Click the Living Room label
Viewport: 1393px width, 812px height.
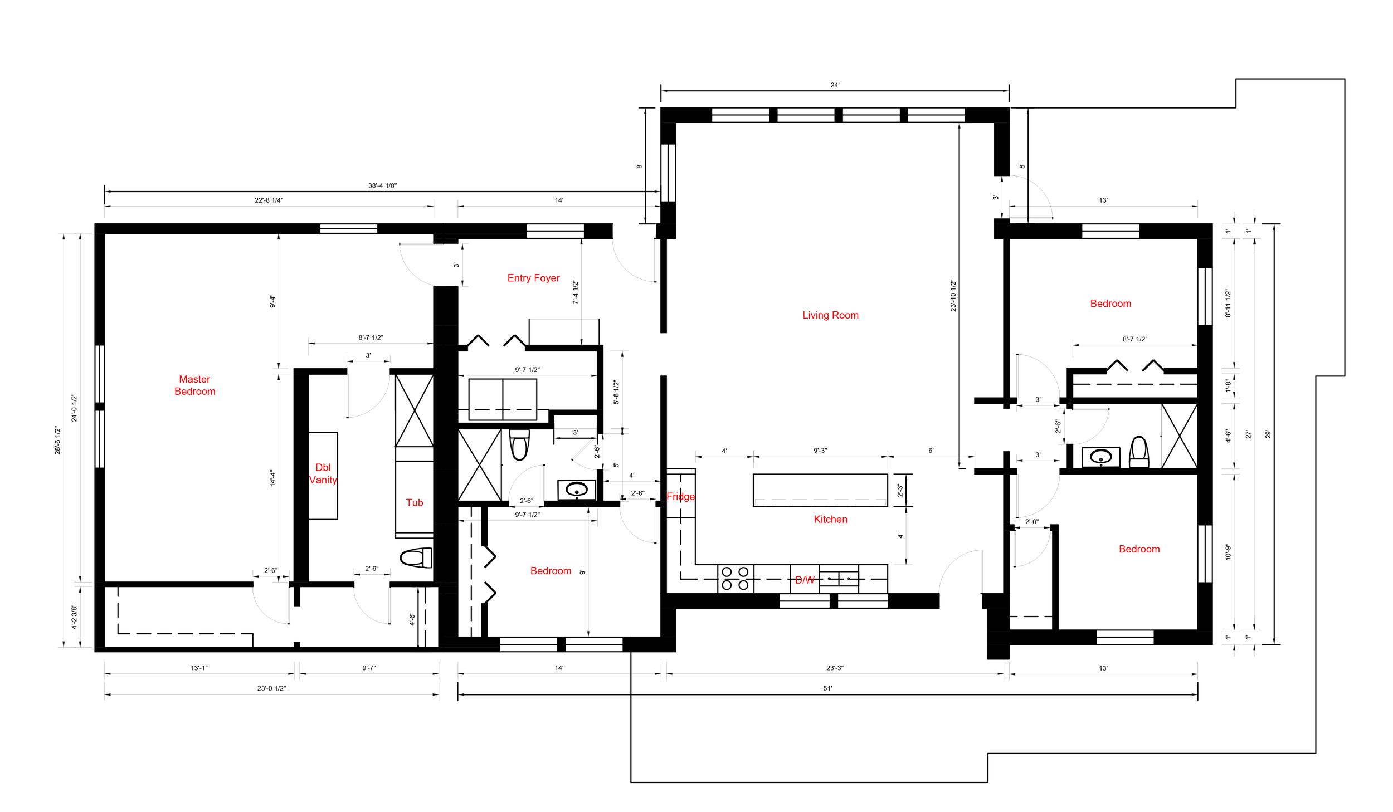[x=830, y=315]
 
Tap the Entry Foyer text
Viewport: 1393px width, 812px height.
[x=533, y=278]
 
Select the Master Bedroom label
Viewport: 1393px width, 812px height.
[x=194, y=385]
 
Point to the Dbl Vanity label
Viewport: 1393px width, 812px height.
[x=323, y=473]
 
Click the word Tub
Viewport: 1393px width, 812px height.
[x=415, y=502]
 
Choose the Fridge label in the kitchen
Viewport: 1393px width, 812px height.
[x=681, y=496]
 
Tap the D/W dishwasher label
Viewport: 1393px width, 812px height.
[x=805, y=580]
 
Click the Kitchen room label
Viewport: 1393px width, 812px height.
[x=830, y=519]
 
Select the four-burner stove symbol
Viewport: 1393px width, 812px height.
[x=735, y=578]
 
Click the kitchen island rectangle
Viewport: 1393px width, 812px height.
[x=820, y=490]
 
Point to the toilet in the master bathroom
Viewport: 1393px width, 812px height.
[x=416, y=557]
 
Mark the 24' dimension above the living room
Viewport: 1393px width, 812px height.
[x=835, y=85]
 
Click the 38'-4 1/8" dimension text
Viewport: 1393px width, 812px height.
[x=382, y=185]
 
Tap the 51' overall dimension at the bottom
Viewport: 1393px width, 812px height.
[x=827, y=688]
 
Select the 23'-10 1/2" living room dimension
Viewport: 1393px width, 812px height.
[x=953, y=295]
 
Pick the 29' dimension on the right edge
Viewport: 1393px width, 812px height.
[x=1268, y=434]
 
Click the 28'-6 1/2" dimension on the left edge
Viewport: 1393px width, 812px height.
[x=58, y=441]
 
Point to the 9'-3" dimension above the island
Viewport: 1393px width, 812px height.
[x=820, y=451]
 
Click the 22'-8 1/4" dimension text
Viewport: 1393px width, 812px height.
[x=269, y=200]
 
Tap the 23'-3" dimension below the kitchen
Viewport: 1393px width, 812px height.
[x=835, y=668]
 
